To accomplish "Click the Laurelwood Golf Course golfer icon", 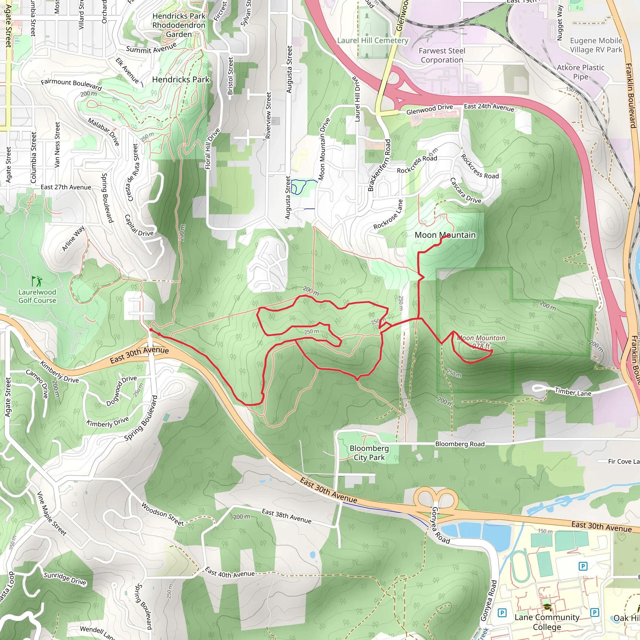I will (37, 281).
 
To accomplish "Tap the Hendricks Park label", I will (181, 79).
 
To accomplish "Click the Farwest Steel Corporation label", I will (442, 55).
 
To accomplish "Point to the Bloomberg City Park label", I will (369, 452).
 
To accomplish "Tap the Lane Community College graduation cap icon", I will (547, 607).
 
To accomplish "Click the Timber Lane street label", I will (573, 392).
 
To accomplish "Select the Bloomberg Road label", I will (459, 444).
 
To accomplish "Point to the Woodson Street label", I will (162, 514).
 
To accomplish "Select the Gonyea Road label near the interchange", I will (440, 526).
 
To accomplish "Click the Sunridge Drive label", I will (65, 578).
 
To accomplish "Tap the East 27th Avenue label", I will (66, 187).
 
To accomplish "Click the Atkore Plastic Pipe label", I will (580, 72).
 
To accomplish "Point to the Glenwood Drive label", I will (429, 109).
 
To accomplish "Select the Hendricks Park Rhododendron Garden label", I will (179, 25).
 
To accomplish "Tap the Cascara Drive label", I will (465, 191).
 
